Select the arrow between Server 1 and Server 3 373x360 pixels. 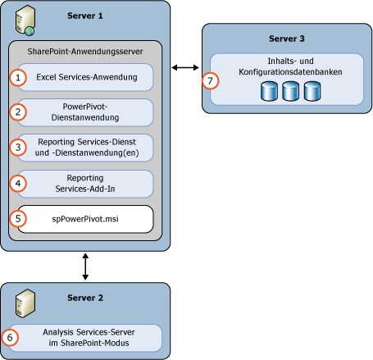[184, 66]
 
